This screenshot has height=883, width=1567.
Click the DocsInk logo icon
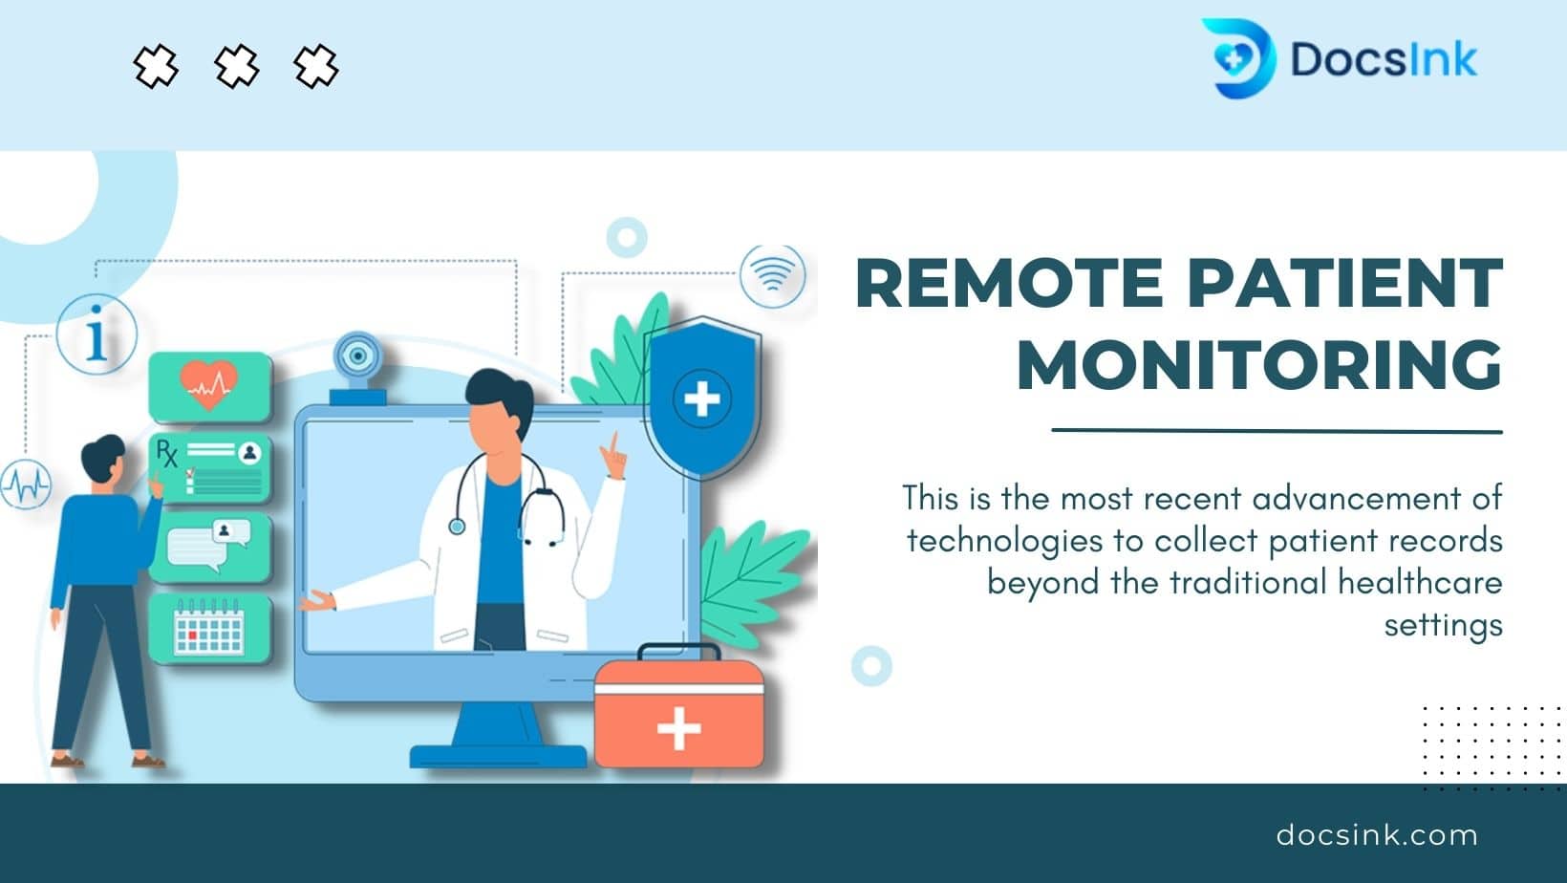pyautogui.click(x=1238, y=58)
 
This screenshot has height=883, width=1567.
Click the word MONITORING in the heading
pyautogui.click(x=1260, y=365)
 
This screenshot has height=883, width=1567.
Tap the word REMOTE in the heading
pyautogui.click(x=1009, y=283)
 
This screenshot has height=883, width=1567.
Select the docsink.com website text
pyautogui.click(x=1377, y=835)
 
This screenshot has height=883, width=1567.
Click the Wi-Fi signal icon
pyautogui.click(x=772, y=275)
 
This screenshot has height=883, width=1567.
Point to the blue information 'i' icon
pyautogui.click(x=97, y=334)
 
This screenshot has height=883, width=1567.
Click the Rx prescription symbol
pyautogui.click(x=166, y=453)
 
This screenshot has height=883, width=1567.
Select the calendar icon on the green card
pyautogui.click(x=209, y=627)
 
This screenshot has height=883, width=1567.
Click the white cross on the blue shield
pyautogui.click(x=701, y=399)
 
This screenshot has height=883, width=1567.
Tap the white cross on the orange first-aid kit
pyautogui.click(x=678, y=728)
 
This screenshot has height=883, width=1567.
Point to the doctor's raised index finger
pyautogui.click(x=615, y=445)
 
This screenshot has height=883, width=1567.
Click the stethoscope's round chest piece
pyautogui.click(x=457, y=527)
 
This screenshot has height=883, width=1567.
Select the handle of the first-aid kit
pyautogui.click(x=678, y=652)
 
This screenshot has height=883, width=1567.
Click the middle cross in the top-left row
pyautogui.click(x=236, y=67)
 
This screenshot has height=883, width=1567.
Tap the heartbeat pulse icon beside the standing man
pyautogui.click(x=26, y=485)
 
